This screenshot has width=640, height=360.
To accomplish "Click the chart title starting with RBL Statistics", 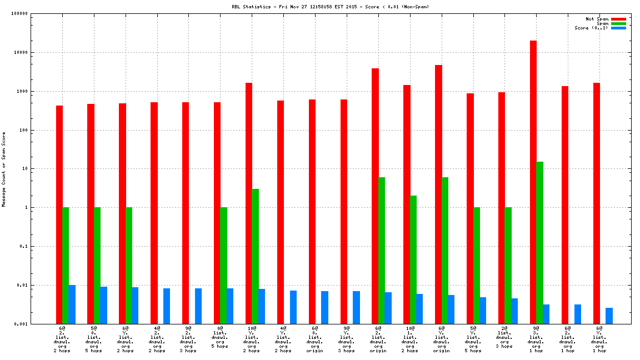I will (330, 7).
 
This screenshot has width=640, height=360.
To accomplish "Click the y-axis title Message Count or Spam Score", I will (4, 169).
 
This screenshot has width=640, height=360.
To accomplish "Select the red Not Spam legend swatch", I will (618, 19).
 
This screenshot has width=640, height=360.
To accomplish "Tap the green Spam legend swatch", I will (618, 23).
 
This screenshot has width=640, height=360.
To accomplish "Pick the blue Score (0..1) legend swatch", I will (618, 28).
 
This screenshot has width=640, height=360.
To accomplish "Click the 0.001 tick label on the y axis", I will (21, 324).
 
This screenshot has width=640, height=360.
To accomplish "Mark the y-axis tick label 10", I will (24, 169).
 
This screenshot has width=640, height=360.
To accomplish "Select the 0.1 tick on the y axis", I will (23, 247).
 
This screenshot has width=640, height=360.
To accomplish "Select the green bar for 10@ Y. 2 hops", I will (256, 256).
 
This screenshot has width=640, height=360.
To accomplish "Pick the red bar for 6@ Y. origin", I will (438, 194).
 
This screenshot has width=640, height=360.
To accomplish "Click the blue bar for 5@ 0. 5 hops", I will (103, 305).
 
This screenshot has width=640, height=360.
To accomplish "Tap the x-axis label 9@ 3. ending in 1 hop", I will (536, 339).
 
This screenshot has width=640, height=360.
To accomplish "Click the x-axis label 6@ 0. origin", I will (314, 339).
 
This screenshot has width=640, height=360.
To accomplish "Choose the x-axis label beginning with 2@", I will (504, 337).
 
